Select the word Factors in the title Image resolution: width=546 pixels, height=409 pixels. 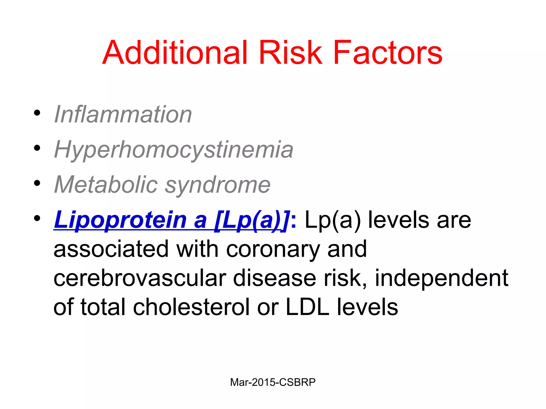tap(388, 52)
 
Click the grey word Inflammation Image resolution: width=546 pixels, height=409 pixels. tap(123, 114)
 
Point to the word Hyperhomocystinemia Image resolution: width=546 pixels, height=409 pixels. tap(174, 150)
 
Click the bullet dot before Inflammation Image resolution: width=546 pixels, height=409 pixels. tap(37, 113)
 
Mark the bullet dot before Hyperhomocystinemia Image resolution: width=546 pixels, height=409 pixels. tap(37, 148)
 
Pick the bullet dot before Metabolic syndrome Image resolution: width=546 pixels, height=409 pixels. tap(37, 183)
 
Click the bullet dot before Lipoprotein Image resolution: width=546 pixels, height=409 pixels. tap(37, 218)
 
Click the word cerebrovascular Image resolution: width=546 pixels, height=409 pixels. tap(140, 278)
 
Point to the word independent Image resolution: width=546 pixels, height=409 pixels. tap(441, 278)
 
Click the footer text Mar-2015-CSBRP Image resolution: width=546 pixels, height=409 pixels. tap(273, 382)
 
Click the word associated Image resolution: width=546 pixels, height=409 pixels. tap(111, 249)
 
